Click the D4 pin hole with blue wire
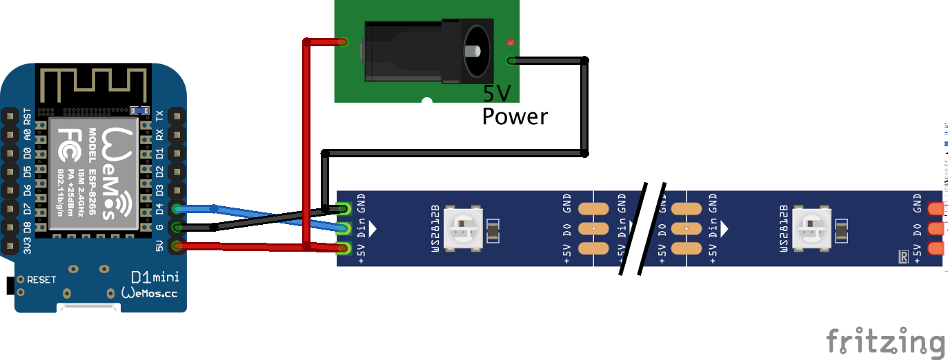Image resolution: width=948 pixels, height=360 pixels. tap(177, 209)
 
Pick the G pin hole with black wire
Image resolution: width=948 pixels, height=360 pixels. tap(177, 228)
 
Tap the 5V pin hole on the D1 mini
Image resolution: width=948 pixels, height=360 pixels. tap(177, 246)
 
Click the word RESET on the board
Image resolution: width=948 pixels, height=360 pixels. tap(41, 280)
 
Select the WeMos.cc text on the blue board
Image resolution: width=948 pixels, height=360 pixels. tap(149, 293)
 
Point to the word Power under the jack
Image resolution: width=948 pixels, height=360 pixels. tap(515, 117)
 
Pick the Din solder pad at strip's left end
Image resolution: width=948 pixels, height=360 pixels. tap(345, 228)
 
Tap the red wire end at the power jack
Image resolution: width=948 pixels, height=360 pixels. tap(342, 43)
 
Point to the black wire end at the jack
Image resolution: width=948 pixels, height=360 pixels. tap(511, 61)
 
